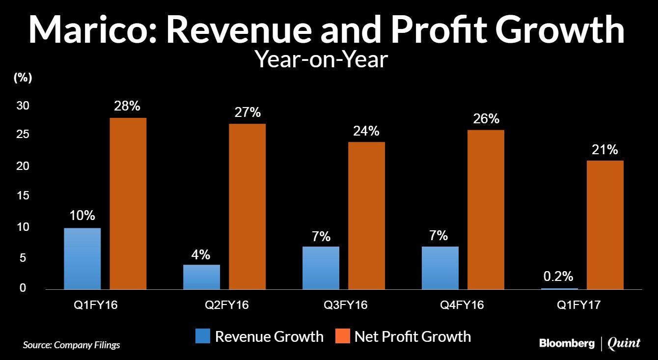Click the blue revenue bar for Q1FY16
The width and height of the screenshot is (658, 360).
[x=82, y=258]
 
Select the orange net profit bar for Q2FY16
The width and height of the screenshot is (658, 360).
[x=247, y=206]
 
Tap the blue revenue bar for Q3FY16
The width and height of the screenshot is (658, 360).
[x=321, y=268]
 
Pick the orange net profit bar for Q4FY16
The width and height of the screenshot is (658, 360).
[x=486, y=209]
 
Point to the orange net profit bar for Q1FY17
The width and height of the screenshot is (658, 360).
[x=605, y=225]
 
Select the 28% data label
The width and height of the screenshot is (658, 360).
[x=128, y=106]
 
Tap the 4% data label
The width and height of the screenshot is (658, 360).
[x=201, y=254]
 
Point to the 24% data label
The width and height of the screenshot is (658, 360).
[x=366, y=131]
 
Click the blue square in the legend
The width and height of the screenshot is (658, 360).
[x=203, y=336]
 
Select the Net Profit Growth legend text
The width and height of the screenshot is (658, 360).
[x=412, y=336]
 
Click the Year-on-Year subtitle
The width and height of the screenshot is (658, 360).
[x=322, y=59]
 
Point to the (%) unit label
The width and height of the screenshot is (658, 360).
[x=23, y=78]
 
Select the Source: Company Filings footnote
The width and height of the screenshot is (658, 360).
[x=72, y=345]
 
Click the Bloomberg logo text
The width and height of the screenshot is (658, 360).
[x=567, y=343]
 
